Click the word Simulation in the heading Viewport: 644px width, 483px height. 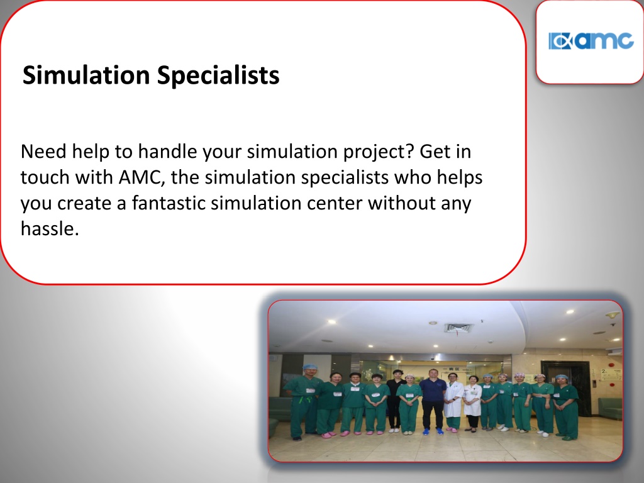[86, 75]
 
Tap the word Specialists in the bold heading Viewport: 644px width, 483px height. [218, 76]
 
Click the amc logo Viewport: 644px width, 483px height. [591, 41]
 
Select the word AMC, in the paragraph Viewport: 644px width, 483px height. [142, 177]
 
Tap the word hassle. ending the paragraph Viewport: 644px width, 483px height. [50, 229]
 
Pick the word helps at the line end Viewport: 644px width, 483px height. [460, 178]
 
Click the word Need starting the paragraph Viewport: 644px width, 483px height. [43, 152]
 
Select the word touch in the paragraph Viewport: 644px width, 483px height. [45, 177]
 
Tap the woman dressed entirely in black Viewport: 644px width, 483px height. [395, 401]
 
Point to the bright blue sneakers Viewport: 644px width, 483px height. [433, 431]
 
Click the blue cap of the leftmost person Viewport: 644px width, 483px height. [310, 367]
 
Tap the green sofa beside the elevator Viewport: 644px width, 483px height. [610, 408]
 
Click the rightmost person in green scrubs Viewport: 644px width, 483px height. [565, 407]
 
